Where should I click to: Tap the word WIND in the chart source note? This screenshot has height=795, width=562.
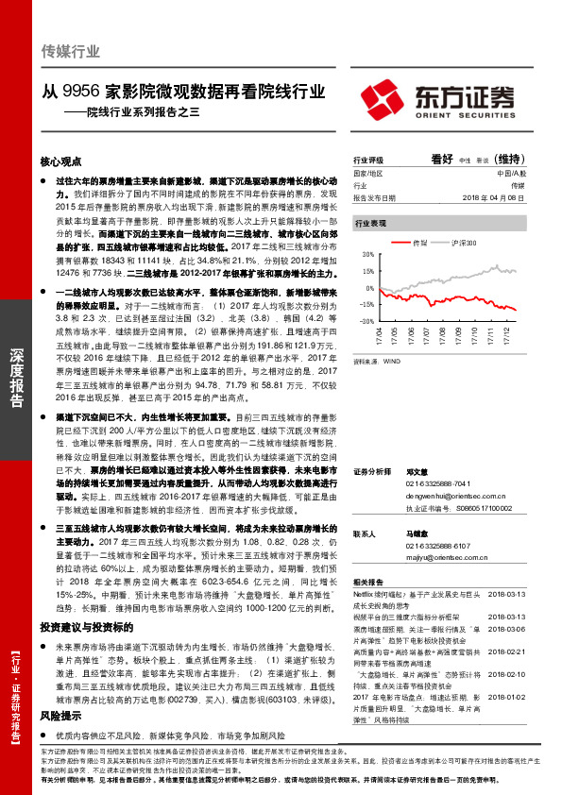coord(392,360)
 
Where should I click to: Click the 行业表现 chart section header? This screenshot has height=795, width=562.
coord(370,224)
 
